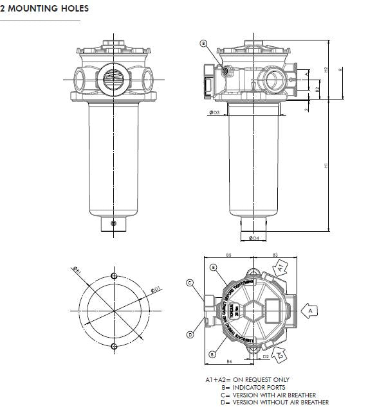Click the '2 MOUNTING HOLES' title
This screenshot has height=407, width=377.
(x=44, y=9)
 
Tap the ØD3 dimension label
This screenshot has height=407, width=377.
(x=214, y=112)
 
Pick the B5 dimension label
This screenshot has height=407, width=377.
(x=228, y=255)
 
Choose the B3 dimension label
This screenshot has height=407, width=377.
(x=275, y=255)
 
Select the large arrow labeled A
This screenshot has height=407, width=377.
(x=310, y=310)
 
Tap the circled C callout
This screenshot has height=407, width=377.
(x=190, y=282)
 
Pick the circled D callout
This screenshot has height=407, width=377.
(x=190, y=334)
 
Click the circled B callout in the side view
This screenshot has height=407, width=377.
(x=203, y=44)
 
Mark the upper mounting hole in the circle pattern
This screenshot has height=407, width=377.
(x=114, y=276)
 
